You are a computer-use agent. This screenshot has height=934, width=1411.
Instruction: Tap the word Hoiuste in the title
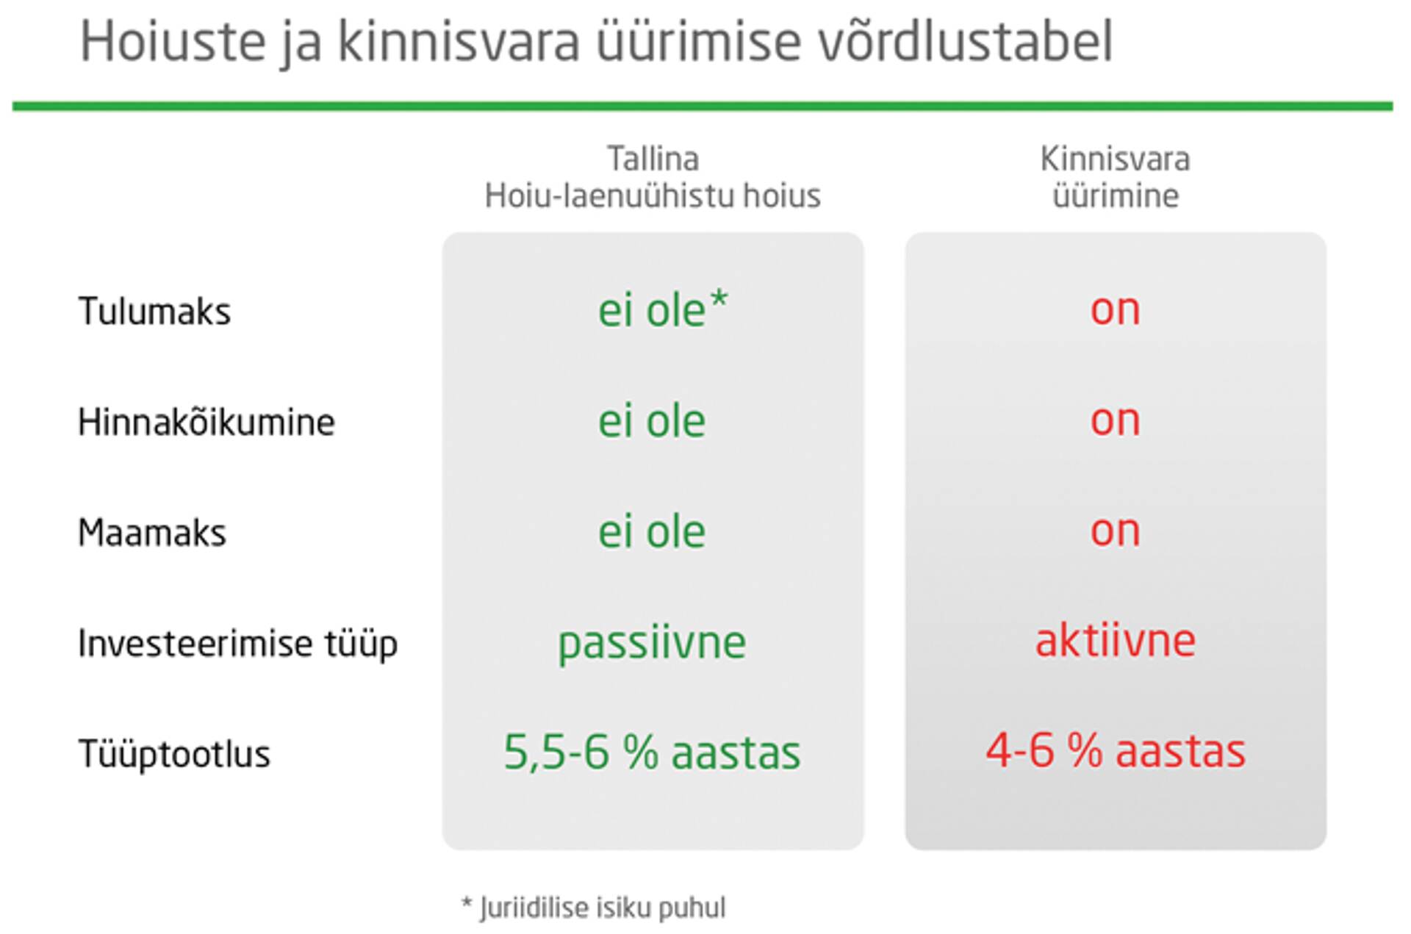pos(173,41)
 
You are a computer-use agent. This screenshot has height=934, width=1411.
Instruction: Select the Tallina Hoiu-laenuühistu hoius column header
pos(653,177)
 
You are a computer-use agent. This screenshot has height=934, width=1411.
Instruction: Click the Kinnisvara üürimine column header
pos(1115,177)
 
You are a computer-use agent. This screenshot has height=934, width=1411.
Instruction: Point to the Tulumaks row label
pos(154,311)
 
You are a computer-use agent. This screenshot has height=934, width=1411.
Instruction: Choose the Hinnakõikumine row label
pos(207,422)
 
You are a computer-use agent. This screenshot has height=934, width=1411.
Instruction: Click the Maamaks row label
pos(152,532)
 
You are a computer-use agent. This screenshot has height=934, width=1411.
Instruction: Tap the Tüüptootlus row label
pos(174,755)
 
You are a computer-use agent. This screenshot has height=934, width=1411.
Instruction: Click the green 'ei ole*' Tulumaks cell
pos(663,309)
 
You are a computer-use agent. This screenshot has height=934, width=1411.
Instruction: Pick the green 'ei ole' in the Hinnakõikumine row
pos(652,420)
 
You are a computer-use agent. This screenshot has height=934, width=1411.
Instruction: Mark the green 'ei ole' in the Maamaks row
pos(652,531)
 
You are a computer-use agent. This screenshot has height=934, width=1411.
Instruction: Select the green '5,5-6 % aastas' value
pos(652,752)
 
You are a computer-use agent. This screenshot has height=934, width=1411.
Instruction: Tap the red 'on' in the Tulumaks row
pos(1115,311)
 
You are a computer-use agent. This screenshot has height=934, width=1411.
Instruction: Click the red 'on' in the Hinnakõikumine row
pos(1115,422)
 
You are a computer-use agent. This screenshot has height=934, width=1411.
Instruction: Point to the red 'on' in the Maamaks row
pos(1115,532)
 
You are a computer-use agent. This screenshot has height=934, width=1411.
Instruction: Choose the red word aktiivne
pos(1115,641)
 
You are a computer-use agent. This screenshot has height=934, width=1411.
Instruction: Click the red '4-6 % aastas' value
pos(1116,751)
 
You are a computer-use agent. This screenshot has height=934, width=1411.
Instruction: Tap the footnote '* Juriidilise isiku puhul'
pos(593,908)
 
